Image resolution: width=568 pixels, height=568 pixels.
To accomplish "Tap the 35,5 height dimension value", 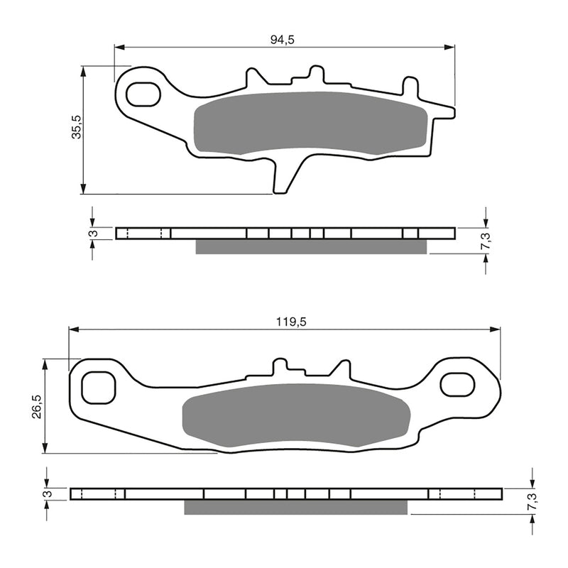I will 76,127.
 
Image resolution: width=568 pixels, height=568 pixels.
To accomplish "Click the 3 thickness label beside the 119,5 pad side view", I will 46,493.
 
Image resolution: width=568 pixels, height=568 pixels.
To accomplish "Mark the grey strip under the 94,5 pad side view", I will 311,246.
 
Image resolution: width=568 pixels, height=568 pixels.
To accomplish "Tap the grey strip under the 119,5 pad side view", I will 296,507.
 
